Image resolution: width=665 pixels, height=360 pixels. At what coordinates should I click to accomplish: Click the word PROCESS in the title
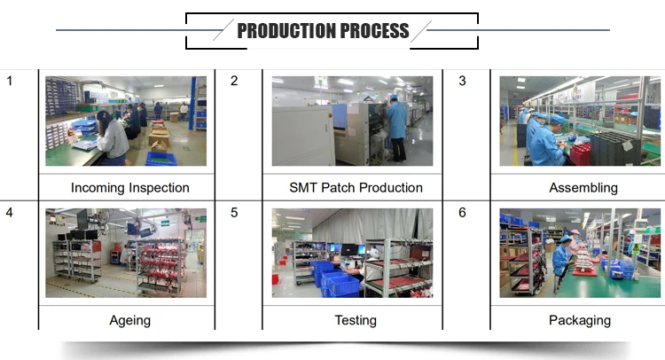pos(374,30)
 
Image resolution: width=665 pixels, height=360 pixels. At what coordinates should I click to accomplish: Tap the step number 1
pos(10,81)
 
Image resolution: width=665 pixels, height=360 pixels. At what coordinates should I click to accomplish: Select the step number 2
pos(234,81)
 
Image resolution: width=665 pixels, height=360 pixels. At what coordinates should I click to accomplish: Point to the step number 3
pos(462,81)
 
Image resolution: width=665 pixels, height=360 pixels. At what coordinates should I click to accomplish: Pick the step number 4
pos(10,212)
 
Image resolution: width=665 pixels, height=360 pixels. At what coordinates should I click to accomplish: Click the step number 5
pos(234,212)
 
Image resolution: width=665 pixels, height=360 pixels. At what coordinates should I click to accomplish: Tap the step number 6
pos(462,212)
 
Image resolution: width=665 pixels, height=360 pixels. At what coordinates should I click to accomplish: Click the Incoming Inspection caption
pos(130,187)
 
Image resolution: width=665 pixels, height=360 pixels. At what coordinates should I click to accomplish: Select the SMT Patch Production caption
pos(356,187)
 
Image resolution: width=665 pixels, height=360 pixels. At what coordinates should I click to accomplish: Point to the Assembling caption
pos(583,188)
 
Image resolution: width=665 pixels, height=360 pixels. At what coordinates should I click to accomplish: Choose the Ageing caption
pos(130,321)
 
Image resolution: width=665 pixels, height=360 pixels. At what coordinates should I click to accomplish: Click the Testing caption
pos(356,321)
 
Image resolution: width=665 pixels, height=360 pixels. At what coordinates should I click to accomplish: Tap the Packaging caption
pos(580,321)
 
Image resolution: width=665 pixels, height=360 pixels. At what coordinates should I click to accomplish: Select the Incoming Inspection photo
pos(126,121)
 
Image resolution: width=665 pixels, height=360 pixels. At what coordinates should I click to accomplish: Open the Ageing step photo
pos(126,253)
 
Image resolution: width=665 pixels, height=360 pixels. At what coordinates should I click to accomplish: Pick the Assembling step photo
pos(580,121)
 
